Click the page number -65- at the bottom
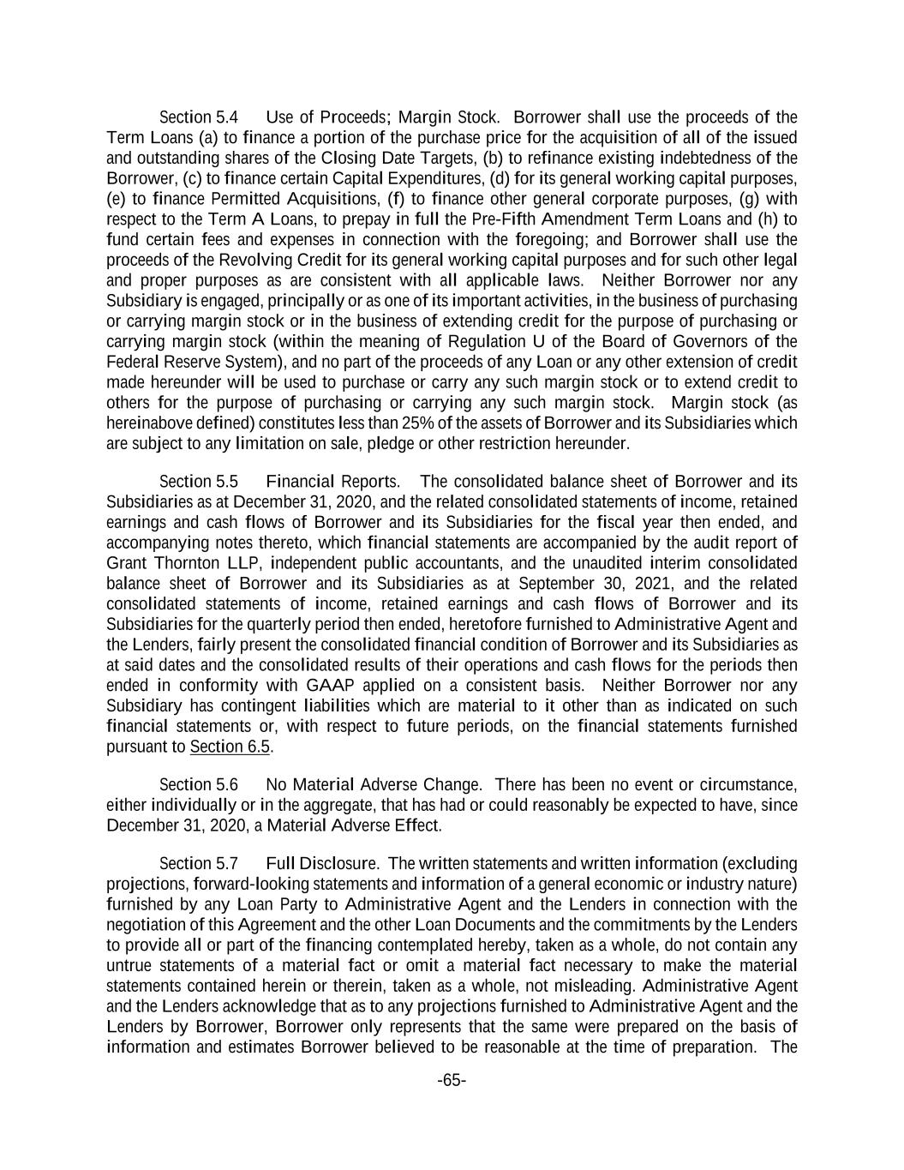(452, 1080)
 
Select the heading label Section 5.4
(199, 117)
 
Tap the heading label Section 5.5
(199, 481)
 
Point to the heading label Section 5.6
(199, 784)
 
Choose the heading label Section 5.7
(199, 862)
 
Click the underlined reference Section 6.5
(230, 746)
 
